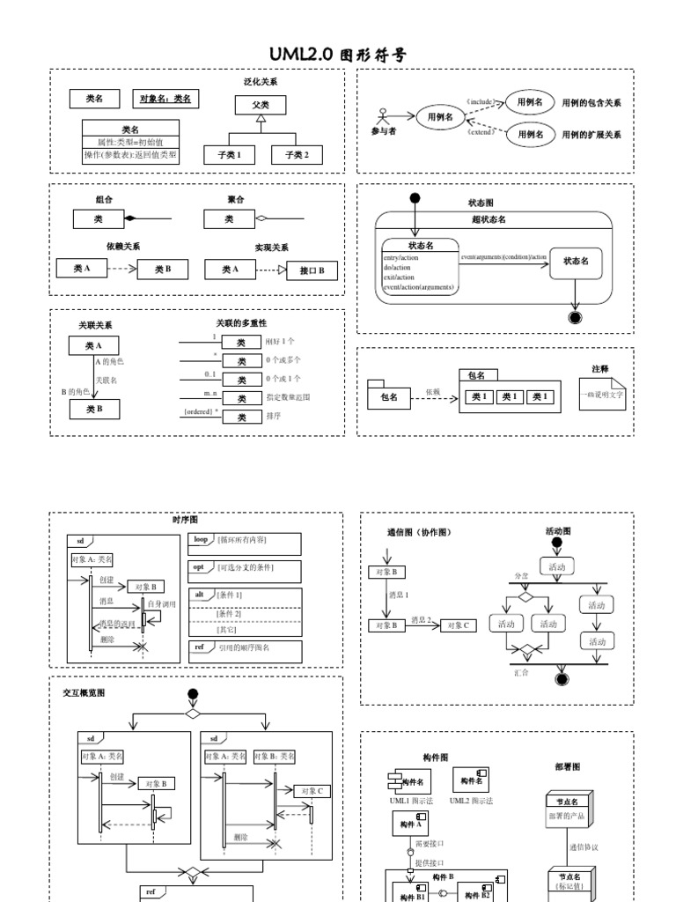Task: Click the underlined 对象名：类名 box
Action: [165, 99]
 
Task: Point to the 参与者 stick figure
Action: [381, 116]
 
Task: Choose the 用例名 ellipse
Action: [439, 115]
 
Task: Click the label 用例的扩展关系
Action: [591, 135]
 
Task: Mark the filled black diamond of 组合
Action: [128, 218]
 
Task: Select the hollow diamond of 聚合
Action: [260, 218]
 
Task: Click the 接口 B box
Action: [312, 270]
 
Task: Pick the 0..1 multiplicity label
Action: [204, 375]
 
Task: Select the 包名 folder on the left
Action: [388, 396]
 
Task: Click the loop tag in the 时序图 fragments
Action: [201, 539]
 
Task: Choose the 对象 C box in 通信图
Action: [458, 625]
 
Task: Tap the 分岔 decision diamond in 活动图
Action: [525, 596]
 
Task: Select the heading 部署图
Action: [567, 766]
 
